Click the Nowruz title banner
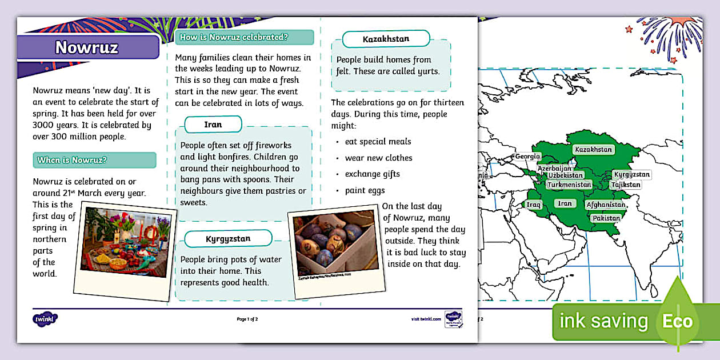pos(87,47)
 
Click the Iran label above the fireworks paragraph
pos(213,124)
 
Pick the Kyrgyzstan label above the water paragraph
pos(228,239)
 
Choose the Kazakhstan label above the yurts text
pos(386,39)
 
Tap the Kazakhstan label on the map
pos(593,150)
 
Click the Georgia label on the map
pos(527,157)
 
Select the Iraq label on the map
pos(534,205)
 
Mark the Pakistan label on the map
pos(606,218)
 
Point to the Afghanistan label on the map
pos(606,205)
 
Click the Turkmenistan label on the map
pos(569,185)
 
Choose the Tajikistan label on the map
pos(625,185)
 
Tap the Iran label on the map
pos(565,203)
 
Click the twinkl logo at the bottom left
pos(46,318)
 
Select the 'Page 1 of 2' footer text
pos(247,319)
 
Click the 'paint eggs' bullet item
pos(365,190)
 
